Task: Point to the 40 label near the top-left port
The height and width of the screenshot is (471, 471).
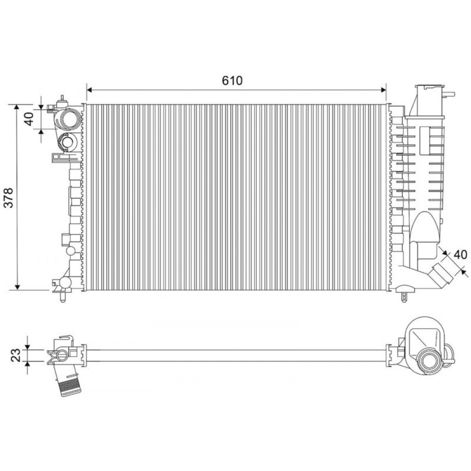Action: pyautogui.click(x=29, y=119)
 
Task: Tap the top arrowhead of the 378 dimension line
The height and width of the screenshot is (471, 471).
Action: pyautogui.click(x=17, y=106)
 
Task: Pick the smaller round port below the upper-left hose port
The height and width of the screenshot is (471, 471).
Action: pyautogui.click(x=66, y=142)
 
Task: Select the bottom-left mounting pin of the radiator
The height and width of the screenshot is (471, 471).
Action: pyautogui.click(x=63, y=298)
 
